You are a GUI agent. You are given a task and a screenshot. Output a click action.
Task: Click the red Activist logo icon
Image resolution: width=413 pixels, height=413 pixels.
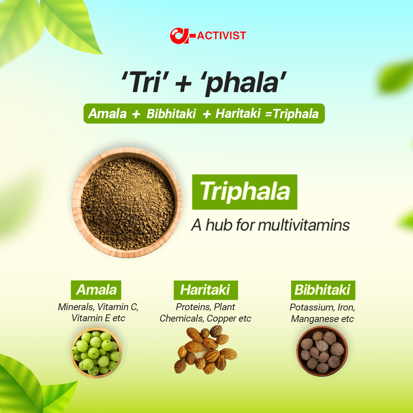click(x=180, y=36)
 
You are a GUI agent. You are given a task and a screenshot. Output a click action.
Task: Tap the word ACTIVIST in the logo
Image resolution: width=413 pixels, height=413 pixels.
click(x=221, y=36)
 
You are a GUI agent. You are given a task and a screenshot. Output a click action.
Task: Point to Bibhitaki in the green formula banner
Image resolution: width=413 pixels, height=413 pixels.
click(x=171, y=114)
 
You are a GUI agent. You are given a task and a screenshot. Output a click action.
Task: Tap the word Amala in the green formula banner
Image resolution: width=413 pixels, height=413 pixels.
click(x=107, y=114)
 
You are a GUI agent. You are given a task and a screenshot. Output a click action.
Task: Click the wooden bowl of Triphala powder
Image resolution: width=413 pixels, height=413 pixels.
click(x=127, y=202)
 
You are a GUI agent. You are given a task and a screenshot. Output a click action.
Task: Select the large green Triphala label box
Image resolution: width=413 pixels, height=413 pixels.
click(x=244, y=192)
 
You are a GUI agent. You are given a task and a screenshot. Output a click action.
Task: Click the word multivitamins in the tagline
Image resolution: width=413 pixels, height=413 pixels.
click(x=304, y=225)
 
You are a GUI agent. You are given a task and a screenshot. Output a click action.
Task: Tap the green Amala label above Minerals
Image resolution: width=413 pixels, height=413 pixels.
click(x=96, y=290)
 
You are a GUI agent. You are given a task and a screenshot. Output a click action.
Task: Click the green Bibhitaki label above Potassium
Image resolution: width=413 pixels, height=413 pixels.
click(x=322, y=290)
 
